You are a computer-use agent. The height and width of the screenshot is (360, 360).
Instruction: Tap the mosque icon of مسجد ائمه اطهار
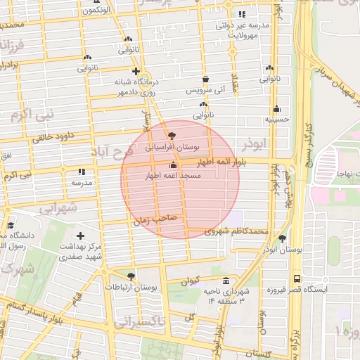173,165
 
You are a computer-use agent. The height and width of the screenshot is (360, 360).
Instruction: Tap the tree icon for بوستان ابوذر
282,238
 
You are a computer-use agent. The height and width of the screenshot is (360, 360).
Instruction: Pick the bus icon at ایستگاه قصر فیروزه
297,278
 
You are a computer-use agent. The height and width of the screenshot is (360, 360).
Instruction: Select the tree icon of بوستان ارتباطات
131,276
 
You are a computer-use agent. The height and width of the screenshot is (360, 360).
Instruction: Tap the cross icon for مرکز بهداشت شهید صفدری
80,236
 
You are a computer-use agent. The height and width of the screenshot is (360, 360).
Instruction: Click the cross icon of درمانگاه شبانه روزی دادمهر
136,72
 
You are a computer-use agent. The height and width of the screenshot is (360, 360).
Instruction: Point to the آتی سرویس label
205,91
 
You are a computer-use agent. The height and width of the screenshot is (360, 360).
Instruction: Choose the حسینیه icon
277,109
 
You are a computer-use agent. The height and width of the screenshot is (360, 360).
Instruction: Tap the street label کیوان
191,281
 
